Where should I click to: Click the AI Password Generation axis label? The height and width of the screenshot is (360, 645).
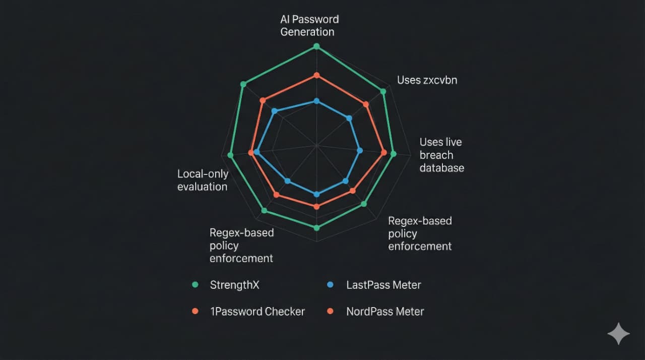309,26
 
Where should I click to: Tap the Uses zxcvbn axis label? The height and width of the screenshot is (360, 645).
427,80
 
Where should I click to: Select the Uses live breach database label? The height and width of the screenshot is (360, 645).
442,155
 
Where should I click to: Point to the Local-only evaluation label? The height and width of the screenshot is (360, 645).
203,181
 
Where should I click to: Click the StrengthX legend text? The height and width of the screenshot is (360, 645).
234,285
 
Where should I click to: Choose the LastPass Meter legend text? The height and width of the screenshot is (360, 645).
383,285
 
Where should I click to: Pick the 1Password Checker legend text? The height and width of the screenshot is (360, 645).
257,312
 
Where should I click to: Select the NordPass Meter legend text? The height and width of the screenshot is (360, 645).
385,312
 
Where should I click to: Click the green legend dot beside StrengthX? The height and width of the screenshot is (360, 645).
195,285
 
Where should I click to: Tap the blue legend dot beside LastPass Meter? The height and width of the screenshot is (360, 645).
330,285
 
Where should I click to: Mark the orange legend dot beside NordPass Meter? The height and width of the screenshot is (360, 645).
330,311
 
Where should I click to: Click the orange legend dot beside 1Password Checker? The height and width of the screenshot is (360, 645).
195,311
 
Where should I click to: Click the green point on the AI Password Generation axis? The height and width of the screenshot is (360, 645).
316,46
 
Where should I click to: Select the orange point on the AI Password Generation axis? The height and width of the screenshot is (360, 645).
317,76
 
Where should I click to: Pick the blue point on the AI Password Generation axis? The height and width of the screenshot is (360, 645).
317,101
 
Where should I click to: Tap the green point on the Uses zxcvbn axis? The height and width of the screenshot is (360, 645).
383,92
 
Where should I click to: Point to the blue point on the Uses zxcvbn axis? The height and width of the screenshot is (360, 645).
349,118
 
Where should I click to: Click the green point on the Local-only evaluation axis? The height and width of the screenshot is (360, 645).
230,155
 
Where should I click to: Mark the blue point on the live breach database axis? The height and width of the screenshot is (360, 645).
360,151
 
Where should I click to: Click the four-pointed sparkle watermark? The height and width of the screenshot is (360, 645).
618,334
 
